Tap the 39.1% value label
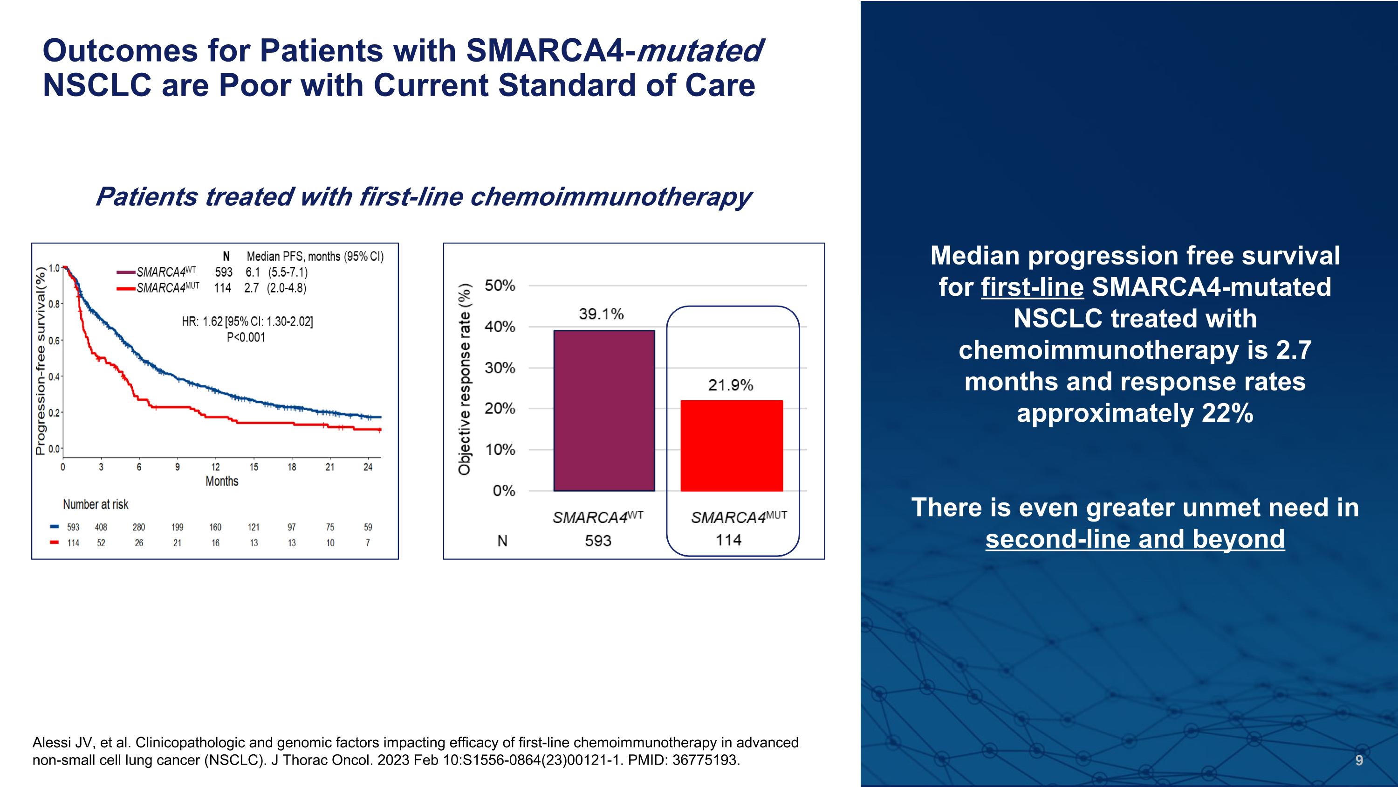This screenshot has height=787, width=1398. [x=601, y=314]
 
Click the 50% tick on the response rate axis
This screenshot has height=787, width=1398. [x=500, y=285]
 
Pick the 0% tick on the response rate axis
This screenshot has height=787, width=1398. [x=504, y=491]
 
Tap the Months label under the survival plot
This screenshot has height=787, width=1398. [x=222, y=481]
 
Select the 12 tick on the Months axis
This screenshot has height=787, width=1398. [x=215, y=467]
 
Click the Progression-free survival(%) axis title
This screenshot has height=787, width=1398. [x=41, y=361]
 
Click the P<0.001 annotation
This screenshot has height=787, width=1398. [x=246, y=337]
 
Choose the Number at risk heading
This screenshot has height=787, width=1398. [x=96, y=505]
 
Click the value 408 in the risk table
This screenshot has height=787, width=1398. [x=101, y=527]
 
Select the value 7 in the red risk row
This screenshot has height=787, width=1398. [x=368, y=543]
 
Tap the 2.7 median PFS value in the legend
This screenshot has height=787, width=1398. [x=251, y=288]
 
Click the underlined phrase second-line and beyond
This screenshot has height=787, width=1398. [x=1135, y=539]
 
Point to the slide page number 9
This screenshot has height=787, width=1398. [x=1359, y=760]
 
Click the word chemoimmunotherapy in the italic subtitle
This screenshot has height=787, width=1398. [x=610, y=196]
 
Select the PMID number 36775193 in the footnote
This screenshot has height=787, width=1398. [x=705, y=760]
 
